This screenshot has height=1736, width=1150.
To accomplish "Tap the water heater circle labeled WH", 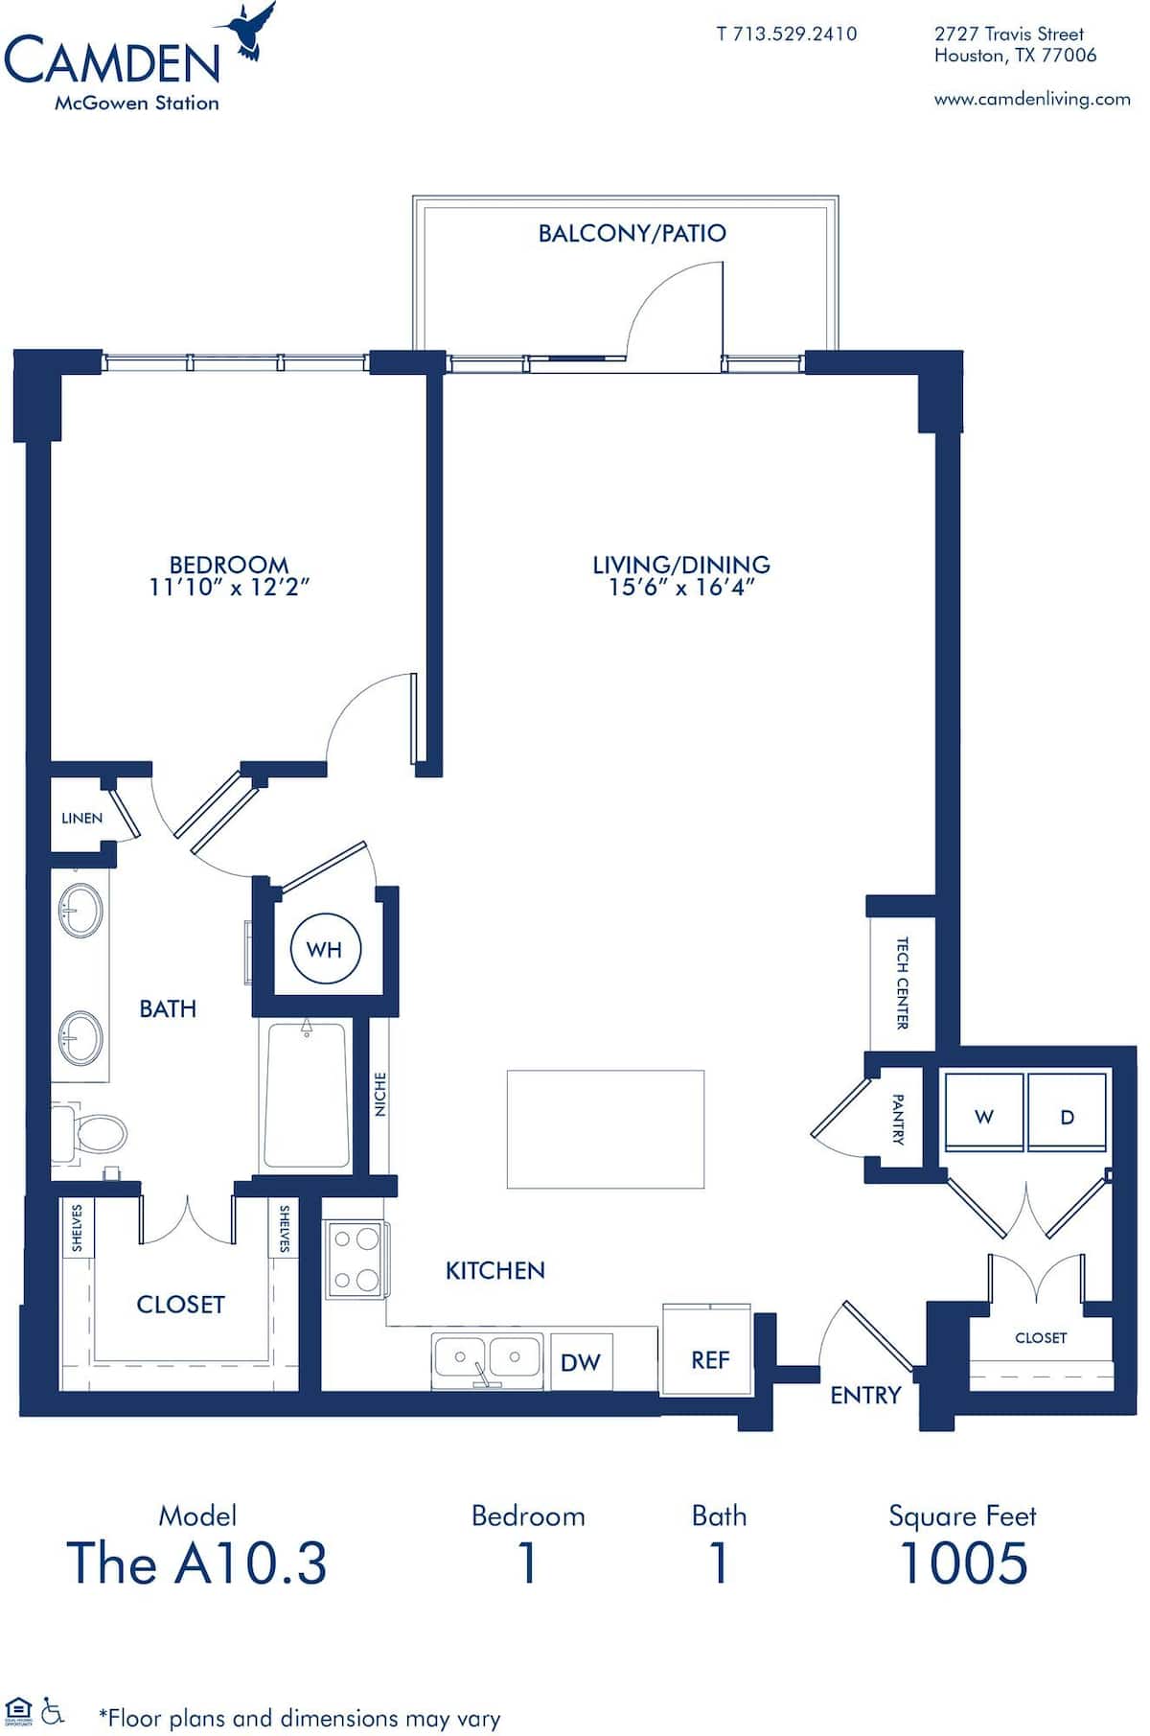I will click(324, 949).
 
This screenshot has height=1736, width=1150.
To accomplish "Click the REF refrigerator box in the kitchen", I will click(709, 1359).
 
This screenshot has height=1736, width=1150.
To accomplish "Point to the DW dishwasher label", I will click(580, 1362).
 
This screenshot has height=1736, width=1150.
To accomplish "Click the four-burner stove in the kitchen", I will click(354, 1260).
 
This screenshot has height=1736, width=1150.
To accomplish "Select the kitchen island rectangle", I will click(605, 1129).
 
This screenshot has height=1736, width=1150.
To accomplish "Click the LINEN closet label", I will click(81, 818).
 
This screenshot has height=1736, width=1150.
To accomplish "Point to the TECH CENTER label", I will click(902, 984).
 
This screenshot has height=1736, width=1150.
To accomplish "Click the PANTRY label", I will click(898, 1119).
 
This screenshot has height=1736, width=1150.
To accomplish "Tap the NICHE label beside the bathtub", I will click(380, 1094).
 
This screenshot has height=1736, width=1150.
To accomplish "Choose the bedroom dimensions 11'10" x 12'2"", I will click(229, 587).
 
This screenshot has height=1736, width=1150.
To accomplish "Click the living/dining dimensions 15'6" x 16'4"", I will click(681, 587).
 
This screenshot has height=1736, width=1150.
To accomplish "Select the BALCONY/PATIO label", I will click(632, 233).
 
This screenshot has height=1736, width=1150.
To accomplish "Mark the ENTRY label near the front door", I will click(865, 1395).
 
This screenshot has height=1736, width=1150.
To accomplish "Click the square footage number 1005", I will click(963, 1563).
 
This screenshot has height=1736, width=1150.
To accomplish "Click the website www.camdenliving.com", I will click(1032, 99).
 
